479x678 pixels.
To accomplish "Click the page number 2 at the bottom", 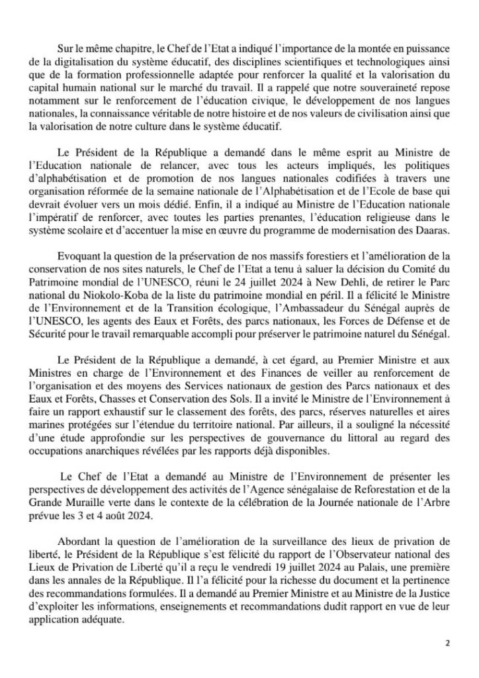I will (448, 643).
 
